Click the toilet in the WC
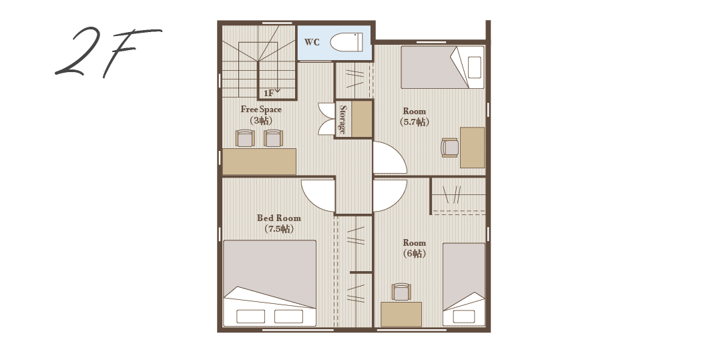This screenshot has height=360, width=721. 346,42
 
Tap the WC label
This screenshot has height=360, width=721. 312,42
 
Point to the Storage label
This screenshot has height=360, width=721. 342,119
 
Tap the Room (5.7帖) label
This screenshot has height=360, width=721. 415,116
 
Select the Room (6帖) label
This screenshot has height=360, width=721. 415,248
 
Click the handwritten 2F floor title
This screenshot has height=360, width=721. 108,51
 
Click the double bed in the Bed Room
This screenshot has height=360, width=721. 270,283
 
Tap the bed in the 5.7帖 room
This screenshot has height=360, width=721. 443,67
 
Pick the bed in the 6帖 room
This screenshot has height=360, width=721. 463,285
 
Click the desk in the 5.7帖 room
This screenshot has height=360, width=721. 472,148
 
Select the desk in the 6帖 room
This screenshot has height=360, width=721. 401,315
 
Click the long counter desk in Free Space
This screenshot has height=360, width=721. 259,162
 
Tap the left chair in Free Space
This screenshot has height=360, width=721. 244,138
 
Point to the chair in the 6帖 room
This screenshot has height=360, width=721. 401,292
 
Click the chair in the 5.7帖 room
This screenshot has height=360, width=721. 450,148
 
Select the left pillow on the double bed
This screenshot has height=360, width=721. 250,317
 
